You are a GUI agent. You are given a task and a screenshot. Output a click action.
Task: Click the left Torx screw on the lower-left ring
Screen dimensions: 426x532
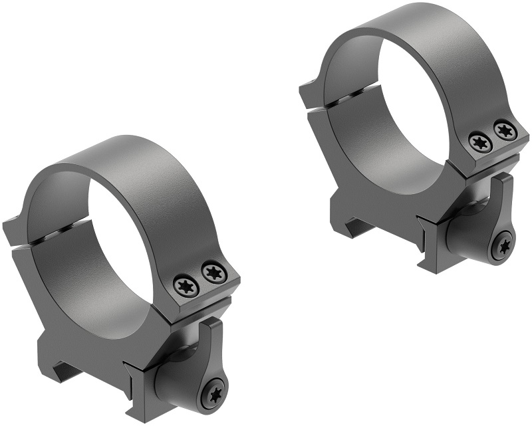tap(184, 286)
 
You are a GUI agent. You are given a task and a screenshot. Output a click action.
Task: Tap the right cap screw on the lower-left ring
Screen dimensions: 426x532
tap(213, 271)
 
